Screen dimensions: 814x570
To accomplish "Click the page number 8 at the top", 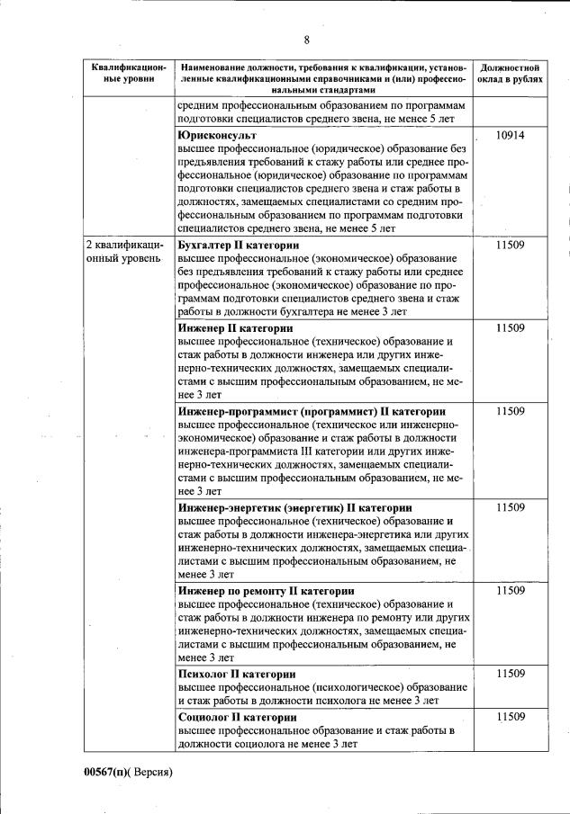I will tap(306, 40).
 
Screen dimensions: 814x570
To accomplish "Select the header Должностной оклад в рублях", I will tap(510, 73).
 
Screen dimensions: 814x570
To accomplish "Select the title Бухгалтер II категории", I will tap(239, 245).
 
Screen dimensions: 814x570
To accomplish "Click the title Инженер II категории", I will tap(232, 328).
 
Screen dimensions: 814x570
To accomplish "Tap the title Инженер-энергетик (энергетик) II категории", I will tap(295, 507).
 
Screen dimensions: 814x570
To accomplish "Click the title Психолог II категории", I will tap(236, 673).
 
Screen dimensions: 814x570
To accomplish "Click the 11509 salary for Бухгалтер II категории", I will tap(510, 245).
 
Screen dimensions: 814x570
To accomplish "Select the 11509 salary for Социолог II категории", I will tap(510, 716).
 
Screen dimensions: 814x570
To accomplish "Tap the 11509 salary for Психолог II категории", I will tap(510, 673).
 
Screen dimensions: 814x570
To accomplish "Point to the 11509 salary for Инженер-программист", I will tap(510, 411).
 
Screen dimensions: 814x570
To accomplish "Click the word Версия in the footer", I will tap(151, 771).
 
